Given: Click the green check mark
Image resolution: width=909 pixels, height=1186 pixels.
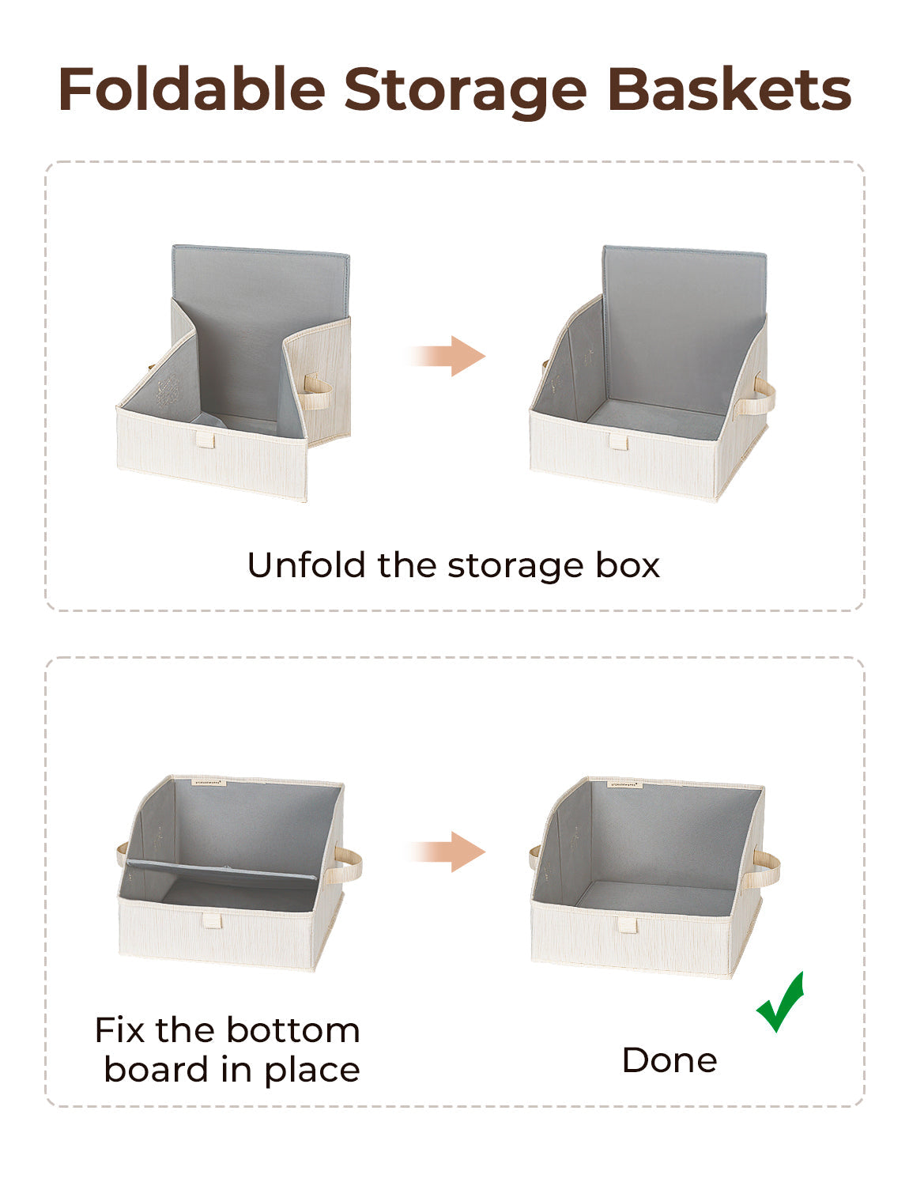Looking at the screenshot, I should tap(781, 1002).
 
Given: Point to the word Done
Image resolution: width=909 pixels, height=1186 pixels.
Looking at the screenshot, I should tap(669, 1060).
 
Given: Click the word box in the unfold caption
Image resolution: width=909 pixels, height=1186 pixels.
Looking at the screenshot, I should tap(628, 565).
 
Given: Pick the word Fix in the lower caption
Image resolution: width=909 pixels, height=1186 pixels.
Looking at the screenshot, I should tap(120, 1030).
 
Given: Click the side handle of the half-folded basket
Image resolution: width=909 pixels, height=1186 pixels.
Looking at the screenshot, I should tap(318, 391).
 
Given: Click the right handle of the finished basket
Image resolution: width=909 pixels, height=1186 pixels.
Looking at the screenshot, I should tap(766, 868).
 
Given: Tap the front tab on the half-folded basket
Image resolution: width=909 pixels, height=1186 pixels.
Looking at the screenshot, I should tap(206, 439).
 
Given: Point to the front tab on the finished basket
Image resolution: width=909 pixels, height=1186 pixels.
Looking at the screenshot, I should tap(628, 924).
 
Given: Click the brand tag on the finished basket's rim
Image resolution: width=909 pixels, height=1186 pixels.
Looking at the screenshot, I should tap(624, 784).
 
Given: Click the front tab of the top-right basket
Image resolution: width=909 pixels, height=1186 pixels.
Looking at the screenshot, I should tap(618, 441).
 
